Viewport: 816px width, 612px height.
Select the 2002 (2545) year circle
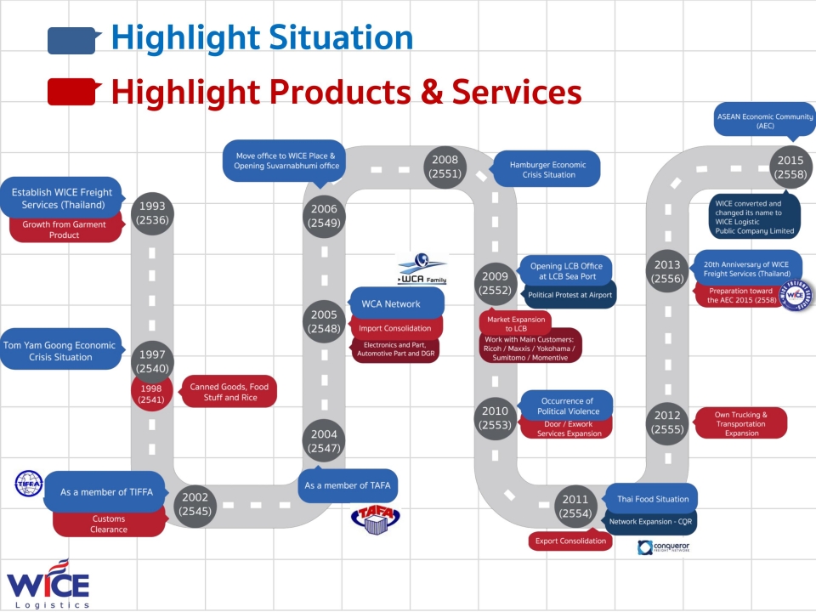pyautogui.click(x=195, y=506)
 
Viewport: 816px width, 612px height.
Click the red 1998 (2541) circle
pyautogui.click(x=151, y=394)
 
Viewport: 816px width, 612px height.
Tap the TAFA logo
pyautogui.click(x=375, y=518)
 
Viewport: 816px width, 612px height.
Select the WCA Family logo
pyautogui.click(x=422, y=269)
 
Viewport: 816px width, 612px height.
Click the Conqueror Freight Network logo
pyautogui.click(x=664, y=547)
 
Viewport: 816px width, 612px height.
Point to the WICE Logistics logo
pyautogui.click(x=48, y=585)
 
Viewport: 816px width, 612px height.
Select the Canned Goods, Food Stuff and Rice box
pyautogui.click(x=229, y=392)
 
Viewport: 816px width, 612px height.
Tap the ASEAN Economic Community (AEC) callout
pyautogui.click(x=764, y=121)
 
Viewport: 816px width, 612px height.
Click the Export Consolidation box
pyautogui.click(x=570, y=541)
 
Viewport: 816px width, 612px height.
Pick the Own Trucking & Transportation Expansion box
pyautogui.click(x=741, y=423)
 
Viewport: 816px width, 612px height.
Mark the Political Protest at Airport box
pyautogui.click(x=569, y=295)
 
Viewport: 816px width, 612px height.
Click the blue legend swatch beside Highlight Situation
pyautogui.click(x=71, y=40)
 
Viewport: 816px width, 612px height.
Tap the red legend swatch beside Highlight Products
pyautogui.click(x=71, y=92)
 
